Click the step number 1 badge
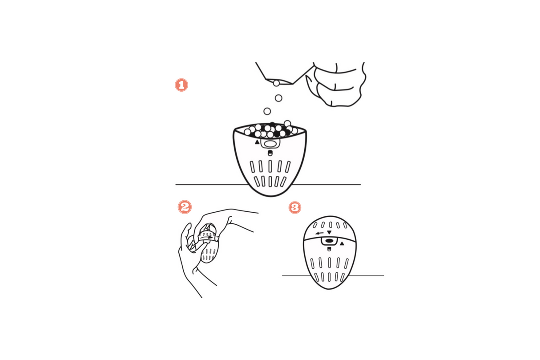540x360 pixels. coord(181,85)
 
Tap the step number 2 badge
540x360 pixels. coord(184,207)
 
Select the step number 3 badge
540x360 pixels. coord(294,207)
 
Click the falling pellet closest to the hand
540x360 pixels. coord(276,83)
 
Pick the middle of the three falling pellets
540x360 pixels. coord(278,98)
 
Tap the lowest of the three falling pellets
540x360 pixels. coord(267,111)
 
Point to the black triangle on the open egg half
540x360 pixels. coord(257,142)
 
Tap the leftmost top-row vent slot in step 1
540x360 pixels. coord(252,166)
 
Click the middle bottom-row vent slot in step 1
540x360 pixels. coord(270,182)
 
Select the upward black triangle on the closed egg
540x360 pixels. coord(342,243)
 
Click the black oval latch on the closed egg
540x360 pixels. coord(330,241)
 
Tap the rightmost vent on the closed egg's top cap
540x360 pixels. coord(345,226)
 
